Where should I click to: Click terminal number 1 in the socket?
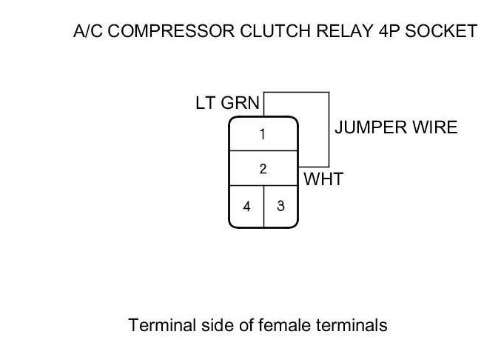263,134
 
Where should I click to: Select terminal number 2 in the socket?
263,169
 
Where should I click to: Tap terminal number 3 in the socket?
280,206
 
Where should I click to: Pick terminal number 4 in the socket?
246,207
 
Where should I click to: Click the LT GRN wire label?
227,103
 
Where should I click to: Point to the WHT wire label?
323,179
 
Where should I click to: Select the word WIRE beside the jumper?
437,127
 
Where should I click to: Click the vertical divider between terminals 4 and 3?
263,204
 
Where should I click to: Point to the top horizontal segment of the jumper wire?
297,92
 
